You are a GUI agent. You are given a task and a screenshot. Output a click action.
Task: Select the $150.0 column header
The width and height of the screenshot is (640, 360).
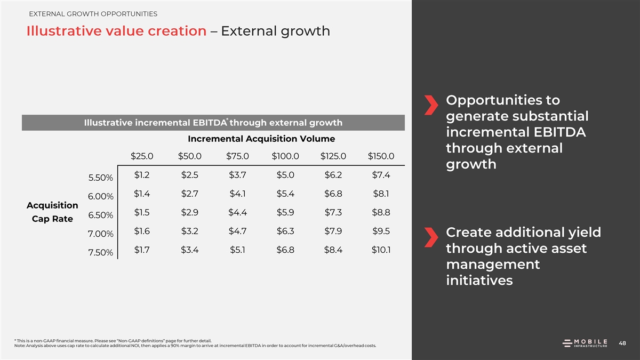(381, 156)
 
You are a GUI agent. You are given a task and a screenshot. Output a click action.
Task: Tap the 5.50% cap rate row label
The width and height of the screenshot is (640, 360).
(100, 178)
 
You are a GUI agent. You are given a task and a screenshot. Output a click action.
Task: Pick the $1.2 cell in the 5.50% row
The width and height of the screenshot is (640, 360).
(142, 175)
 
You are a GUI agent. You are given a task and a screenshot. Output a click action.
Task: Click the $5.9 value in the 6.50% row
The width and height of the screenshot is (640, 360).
(286, 212)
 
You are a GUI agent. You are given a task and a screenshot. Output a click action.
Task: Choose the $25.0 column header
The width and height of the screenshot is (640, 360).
(142, 156)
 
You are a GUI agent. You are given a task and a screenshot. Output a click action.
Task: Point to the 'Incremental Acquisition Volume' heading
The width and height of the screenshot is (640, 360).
(261, 139)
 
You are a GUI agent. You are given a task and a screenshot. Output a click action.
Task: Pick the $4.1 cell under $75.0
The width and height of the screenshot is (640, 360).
(237, 194)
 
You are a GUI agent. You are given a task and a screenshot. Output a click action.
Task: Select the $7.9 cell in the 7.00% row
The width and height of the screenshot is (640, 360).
(333, 231)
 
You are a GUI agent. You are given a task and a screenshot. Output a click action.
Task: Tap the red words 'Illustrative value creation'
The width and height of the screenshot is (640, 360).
(116, 31)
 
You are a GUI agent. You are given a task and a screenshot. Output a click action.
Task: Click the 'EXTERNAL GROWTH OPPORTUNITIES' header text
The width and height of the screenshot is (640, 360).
(93, 13)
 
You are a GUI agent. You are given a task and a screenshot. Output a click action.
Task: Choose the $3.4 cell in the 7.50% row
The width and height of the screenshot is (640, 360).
(189, 250)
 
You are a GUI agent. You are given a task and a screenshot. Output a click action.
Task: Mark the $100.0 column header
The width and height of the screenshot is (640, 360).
(285, 156)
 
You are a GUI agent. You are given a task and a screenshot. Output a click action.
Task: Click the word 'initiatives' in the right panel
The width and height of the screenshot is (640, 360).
(479, 280)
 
